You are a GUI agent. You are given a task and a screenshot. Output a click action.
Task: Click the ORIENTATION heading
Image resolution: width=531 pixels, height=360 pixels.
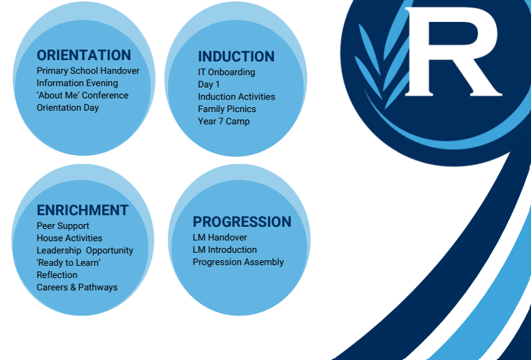pos(83,55)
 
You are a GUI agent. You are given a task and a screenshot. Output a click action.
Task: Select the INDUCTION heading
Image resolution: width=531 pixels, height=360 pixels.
pos(236,57)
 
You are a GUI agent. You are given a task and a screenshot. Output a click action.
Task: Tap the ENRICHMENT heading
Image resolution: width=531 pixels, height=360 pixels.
pos(82,210)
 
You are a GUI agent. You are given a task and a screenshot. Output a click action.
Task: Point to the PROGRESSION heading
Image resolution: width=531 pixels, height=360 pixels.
pos(242,222)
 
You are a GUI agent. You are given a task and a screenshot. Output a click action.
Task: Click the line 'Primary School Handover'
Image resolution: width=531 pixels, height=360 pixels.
pos(88,71)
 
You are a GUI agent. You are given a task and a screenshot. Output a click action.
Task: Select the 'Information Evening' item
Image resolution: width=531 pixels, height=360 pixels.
pos(77,83)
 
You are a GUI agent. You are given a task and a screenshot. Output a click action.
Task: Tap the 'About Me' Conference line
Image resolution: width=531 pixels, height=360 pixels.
pos(82,95)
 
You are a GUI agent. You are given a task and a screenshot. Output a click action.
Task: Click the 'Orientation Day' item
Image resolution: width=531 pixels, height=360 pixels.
pos(68,108)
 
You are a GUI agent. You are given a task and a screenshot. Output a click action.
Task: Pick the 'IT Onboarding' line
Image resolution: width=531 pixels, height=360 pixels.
pos(227,72)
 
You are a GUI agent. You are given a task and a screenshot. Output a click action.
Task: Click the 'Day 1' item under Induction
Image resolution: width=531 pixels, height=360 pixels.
pos(209,84)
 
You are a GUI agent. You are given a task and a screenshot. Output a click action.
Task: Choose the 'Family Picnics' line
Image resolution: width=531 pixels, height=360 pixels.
pos(227,109)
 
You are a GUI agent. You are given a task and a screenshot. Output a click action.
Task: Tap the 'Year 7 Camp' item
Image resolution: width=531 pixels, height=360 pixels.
pos(224,121)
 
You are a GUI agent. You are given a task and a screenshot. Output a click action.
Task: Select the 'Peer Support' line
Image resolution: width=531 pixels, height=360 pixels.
pos(63,226)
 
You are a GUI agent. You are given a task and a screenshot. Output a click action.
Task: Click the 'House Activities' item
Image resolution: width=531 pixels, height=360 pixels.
pos(70,238)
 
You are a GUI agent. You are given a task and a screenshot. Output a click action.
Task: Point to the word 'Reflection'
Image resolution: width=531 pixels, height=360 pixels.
pos(57,275)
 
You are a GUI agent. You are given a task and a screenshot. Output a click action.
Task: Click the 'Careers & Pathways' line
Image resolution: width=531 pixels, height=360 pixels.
pos(77,287)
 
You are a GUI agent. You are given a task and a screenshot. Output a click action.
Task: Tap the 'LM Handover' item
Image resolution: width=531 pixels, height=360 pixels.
pos(220,238)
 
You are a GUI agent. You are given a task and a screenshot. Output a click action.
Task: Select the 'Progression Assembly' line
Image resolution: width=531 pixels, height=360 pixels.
pos(238,262)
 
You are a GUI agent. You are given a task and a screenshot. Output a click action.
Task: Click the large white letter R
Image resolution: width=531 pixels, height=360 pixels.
pos(453,52)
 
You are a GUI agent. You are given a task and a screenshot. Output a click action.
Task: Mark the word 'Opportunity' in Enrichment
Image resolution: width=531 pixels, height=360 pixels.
pos(109,251)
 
